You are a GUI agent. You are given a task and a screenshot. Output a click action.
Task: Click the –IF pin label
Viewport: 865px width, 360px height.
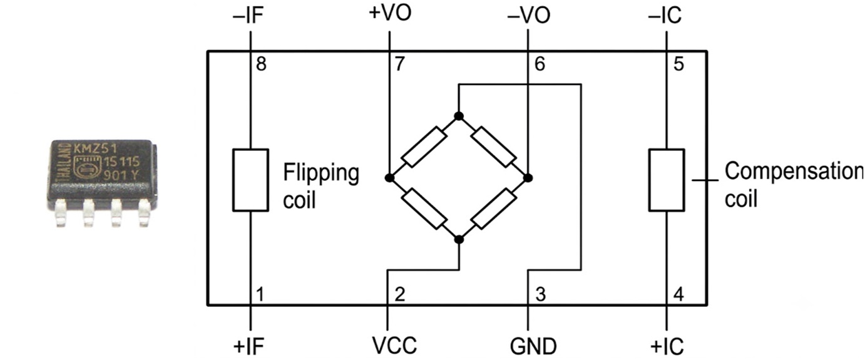tap(248, 16)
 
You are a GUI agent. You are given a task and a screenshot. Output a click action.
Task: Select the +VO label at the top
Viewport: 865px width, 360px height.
tap(390, 13)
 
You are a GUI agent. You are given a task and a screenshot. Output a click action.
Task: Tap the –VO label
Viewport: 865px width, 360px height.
tap(528, 16)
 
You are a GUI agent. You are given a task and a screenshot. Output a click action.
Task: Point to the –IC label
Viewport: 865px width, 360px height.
tap(665, 16)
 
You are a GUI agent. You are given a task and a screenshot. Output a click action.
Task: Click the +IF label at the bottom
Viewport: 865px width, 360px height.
tap(248, 346)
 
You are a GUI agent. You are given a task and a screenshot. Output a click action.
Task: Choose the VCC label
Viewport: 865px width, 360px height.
tap(394, 346)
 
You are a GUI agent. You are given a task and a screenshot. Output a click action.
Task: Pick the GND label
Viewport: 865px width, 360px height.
tap(533, 346)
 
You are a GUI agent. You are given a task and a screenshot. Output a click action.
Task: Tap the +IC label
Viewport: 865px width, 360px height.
tap(667, 346)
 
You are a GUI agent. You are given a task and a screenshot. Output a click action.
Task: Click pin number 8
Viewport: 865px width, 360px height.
tap(262, 64)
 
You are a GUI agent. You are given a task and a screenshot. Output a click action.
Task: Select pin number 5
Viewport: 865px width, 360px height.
tap(679, 64)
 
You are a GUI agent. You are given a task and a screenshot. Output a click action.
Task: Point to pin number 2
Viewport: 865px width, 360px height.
tap(400, 294)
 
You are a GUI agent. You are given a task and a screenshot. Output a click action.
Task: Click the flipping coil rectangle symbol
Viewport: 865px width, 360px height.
tap(250, 180)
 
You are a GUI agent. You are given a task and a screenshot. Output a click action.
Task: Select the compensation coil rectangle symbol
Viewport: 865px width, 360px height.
tap(667, 180)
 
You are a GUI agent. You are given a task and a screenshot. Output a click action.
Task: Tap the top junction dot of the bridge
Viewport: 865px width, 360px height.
tap(459, 116)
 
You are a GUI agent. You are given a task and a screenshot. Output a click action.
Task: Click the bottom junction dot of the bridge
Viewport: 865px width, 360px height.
tap(459, 240)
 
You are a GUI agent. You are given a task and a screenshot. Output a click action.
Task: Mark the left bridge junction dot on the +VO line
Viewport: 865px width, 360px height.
tap(390, 178)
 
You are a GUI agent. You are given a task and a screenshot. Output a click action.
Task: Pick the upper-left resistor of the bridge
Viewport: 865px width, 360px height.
tap(424, 147)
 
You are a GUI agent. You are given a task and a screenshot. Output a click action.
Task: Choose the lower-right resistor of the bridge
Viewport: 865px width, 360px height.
tap(493, 209)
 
